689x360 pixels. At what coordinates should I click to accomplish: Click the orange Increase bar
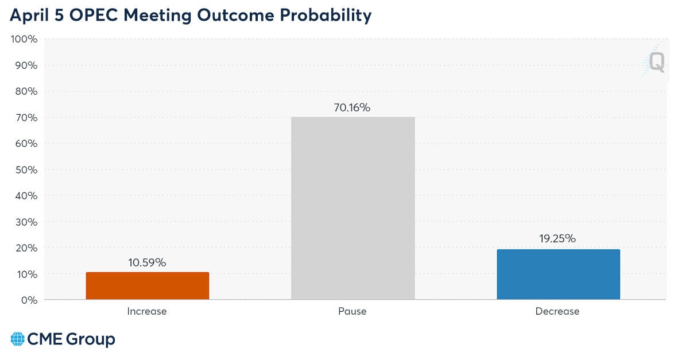coord(148,285)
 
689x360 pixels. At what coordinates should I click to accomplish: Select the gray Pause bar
coord(353,208)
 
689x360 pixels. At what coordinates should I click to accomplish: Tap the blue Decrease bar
coord(558,274)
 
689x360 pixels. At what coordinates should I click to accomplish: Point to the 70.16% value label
coord(353,107)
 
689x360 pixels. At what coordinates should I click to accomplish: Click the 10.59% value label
coord(147,262)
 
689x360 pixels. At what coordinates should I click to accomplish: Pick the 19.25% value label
coord(558,239)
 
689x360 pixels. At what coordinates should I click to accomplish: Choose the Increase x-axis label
coord(147,311)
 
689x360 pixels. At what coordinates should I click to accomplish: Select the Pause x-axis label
coord(353,311)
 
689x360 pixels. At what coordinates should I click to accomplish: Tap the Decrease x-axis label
coord(558,311)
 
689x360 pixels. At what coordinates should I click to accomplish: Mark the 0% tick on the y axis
coord(30,300)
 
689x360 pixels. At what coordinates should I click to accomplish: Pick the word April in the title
coord(29,16)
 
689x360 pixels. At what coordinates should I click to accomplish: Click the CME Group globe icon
coord(18,339)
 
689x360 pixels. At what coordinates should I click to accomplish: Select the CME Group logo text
coord(71,339)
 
